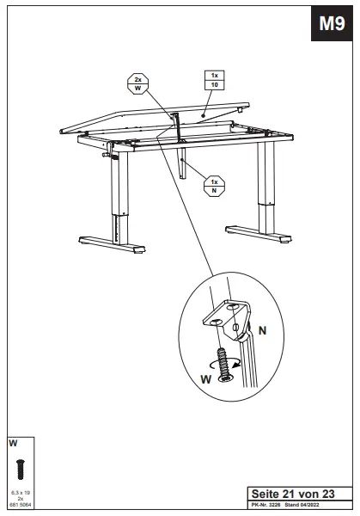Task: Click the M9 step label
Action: click(332, 24)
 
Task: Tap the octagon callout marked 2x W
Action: click(137, 83)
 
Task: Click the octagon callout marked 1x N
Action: click(214, 185)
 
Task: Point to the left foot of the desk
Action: click(110, 244)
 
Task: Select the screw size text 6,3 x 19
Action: click(21, 492)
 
